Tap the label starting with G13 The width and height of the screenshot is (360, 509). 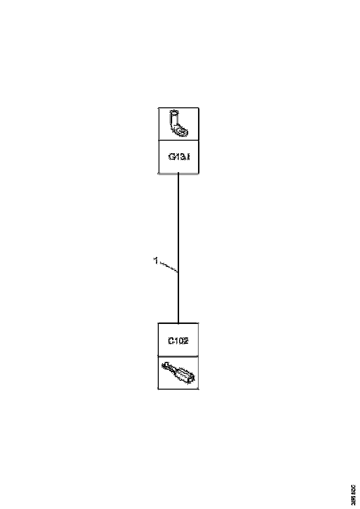[179, 157]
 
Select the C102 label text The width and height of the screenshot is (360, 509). [178, 341]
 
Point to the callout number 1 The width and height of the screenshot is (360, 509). [156, 261]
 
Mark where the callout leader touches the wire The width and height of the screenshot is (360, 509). [178, 272]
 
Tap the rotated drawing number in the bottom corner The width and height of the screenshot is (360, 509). [353, 493]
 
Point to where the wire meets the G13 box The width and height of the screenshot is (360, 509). [178, 174]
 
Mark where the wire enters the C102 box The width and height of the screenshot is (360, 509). [178, 323]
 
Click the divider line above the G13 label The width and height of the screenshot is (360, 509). [179, 141]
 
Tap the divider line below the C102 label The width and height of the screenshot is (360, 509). [179, 356]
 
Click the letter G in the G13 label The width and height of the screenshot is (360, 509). [171, 157]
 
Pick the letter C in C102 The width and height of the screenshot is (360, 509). [170, 341]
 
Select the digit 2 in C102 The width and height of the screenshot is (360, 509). [186, 341]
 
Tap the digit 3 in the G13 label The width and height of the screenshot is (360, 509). [181, 157]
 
